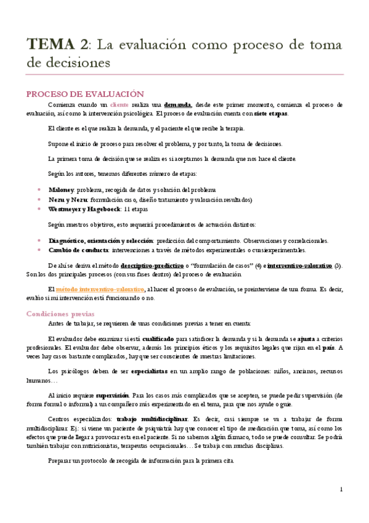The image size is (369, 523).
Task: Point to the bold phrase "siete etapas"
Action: pyautogui.click(x=270, y=114)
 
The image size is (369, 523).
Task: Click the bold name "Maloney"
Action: pyautogui.click(x=61, y=189)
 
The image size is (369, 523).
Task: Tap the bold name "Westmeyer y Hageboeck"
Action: pyautogui.click(x=84, y=209)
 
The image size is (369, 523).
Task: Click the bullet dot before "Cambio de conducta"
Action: pyautogui.click(x=39, y=250)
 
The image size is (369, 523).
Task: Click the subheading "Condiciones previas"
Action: pyautogui.click(x=59, y=313)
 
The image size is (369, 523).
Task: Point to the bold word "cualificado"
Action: pyautogui.click(x=158, y=339)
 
